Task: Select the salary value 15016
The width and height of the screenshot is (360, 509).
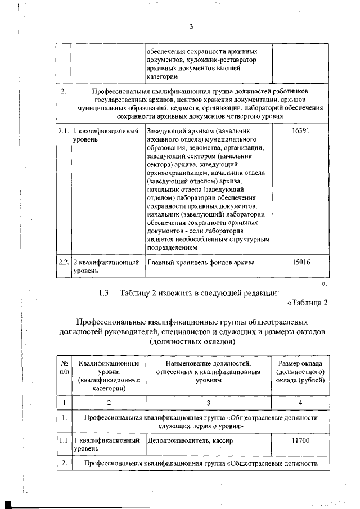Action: [x=301, y=262]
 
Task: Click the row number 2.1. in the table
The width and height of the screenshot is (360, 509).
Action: [x=63, y=131]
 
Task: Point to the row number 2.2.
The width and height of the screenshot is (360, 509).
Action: [x=63, y=262]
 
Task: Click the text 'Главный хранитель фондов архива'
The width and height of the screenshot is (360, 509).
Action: [x=200, y=262]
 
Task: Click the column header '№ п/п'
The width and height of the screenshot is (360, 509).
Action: [x=64, y=368]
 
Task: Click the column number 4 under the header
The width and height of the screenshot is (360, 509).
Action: [x=301, y=402]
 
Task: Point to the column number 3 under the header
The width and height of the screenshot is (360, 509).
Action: [x=208, y=402]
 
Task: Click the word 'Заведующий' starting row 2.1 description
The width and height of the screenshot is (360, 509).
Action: [x=166, y=131]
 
